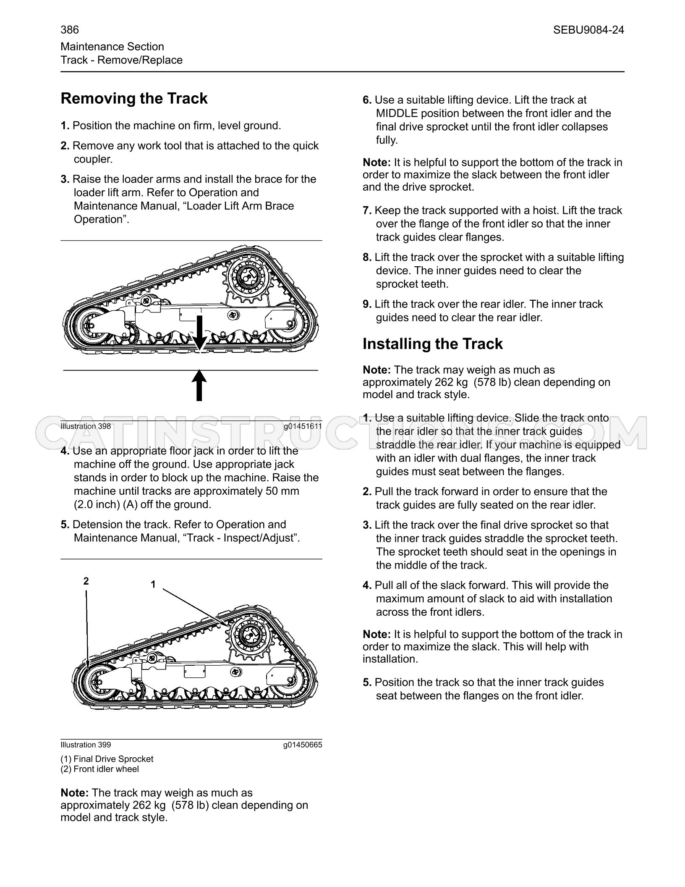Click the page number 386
(x=70, y=30)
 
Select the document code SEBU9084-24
(x=588, y=30)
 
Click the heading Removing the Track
(x=134, y=99)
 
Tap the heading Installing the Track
(x=432, y=344)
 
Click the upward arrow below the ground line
(x=199, y=385)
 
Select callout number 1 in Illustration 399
(x=153, y=584)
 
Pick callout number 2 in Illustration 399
(x=86, y=581)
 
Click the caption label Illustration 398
(x=86, y=426)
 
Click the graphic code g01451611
(x=303, y=426)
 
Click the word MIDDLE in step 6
(x=397, y=113)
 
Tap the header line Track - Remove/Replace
(x=122, y=60)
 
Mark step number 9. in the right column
(x=367, y=304)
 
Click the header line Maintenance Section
(x=112, y=47)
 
